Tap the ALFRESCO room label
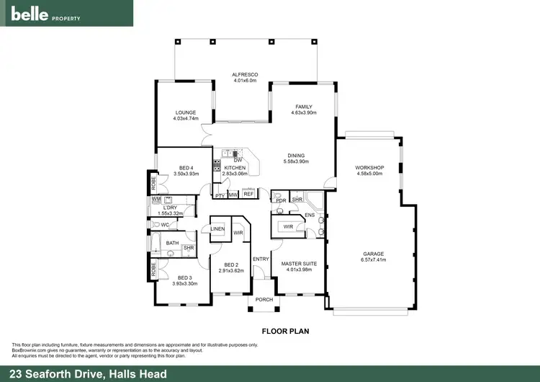coord(245,74)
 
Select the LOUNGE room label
coord(185,112)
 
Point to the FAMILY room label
coord(303,107)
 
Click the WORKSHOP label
coord(370,168)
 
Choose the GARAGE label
coord(373,254)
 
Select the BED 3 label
coord(185,277)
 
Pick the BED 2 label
coord(231,264)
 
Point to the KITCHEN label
coord(235,168)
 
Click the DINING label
coord(296,155)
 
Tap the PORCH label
coord(264,300)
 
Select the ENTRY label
coord(260,259)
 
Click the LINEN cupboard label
coord(218,229)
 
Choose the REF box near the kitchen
coord(248,194)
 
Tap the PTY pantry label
coord(220,195)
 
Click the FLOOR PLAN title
coord(286,332)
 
